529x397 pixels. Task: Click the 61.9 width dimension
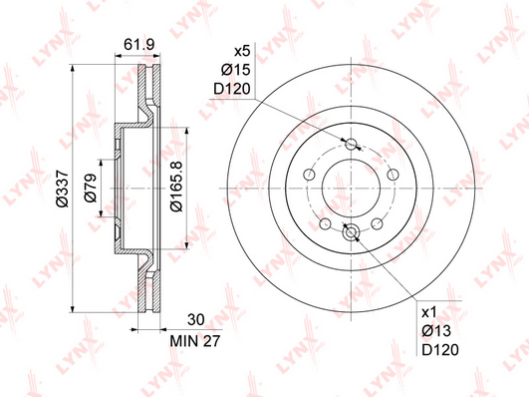(138, 44)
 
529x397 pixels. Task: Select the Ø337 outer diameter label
(63, 189)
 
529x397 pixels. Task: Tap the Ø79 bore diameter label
(91, 188)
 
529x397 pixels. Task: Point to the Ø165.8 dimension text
(176, 187)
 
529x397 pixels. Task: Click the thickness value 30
(196, 319)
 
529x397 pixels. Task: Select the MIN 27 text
(195, 341)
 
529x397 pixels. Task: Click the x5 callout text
(242, 51)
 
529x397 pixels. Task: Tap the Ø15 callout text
(235, 70)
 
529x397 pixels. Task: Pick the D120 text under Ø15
(232, 89)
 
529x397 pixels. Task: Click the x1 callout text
(429, 312)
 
